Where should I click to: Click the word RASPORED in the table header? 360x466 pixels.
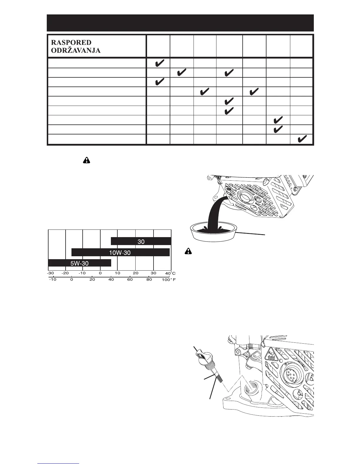pyautogui.click(x=71, y=43)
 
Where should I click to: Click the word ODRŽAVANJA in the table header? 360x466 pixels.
pyautogui.click(x=76, y=50)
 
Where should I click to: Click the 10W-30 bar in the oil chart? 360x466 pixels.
pyautogui.click(x=121, y=252)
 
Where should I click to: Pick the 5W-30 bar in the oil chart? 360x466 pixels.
pyautogui.click(x=79, y=263)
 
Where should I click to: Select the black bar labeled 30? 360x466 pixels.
pyautogui.click(x=141, y=241)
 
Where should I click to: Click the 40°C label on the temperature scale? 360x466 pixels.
pyautogui.click(x=170, y=273)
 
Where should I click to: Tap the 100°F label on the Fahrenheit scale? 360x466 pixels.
pyautogui.click(x=169, y=279)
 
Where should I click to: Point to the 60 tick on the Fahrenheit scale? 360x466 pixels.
pyautogui.click(x=130, y=279)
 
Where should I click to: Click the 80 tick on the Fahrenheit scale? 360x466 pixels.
pyautogui.click(x=149, y=279)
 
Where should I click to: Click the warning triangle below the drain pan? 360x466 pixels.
pyautogui.click(x=188, y=251)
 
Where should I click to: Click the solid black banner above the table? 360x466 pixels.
pyautogui.click(x=180, y=23)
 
